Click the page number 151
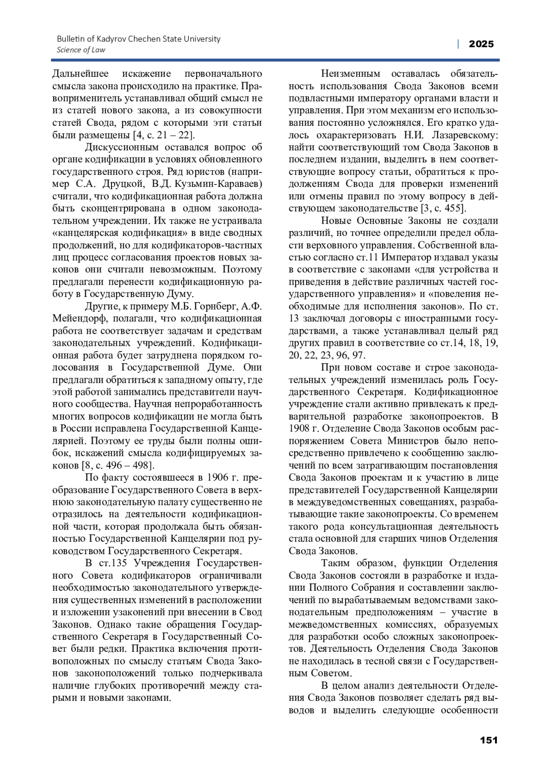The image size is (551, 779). click(489, 740)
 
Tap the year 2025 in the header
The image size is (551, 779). click(481, 44)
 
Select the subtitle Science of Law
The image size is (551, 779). click(81, 50)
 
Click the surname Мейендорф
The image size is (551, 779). click(76, 319)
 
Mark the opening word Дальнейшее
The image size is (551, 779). click(81, 74)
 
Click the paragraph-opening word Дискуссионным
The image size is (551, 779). click(122, 147)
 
